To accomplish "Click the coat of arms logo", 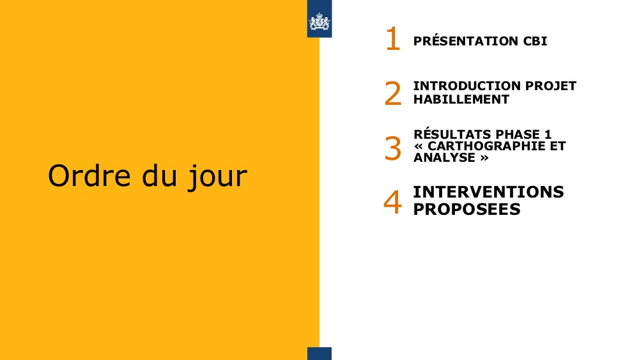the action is coord(319,22).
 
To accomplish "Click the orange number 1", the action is coord(393,39).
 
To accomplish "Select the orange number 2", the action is coord(393,93).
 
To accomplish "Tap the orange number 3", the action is coord(393,148).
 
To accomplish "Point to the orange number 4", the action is coord(393,202).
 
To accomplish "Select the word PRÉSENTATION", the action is coord(465,41).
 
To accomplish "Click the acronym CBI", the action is coord(535,41).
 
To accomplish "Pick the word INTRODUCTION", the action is coord(467,86).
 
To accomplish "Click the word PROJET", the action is coord(551,86).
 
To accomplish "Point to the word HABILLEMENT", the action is coord(461,100).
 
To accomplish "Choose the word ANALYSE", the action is coord(444,157).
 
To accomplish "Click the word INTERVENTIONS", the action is coord(489,192).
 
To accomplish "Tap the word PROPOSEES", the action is coord(466,209).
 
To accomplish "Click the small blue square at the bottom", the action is coord(319,354).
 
